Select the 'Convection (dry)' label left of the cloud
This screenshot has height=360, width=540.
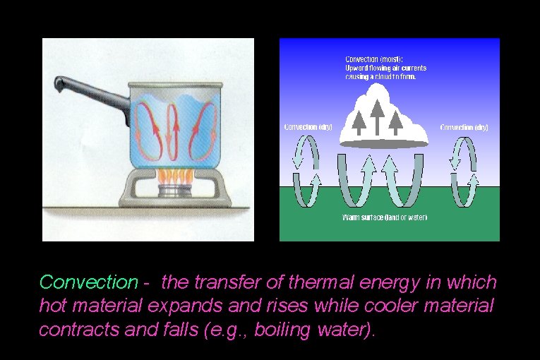(308, 128)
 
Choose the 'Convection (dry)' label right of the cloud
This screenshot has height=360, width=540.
(464, 128)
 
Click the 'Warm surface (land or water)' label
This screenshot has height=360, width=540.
(385, 217)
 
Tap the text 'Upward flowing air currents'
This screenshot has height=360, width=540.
(385, 68)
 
